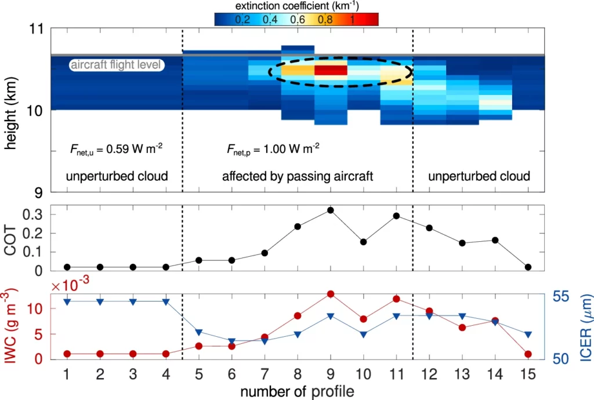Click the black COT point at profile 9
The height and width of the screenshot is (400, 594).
click(x=331, y=210)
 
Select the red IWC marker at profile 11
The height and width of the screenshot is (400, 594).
click(x=397, y=299)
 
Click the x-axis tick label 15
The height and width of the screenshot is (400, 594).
click(x=528, y=374)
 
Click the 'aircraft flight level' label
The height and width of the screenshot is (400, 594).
click(x=116, y=65)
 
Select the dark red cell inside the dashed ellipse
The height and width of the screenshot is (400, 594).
click(x=331, y=71)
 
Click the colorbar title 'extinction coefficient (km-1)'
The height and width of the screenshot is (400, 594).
click(x=296, y=5)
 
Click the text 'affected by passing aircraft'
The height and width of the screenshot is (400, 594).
click(x=298, y=176)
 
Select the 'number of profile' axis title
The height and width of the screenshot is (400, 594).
click(x=297, y=391)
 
